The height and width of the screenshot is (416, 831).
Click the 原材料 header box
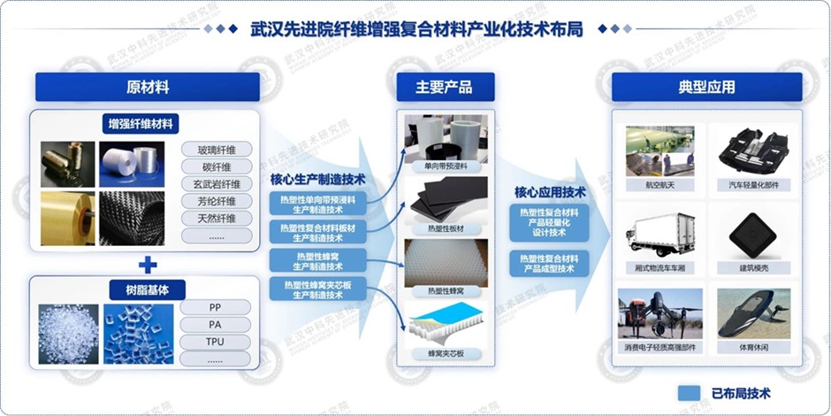click(148, 88)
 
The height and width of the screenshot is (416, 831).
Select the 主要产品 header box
click(444, 88)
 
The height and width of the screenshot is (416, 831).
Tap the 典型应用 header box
click(706, 88)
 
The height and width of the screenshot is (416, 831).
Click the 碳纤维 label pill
click(217, 166)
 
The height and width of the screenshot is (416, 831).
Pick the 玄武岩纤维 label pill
click(217, 184)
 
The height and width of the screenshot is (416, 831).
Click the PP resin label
click(215, 307)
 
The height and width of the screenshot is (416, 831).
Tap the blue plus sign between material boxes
click(148, 265)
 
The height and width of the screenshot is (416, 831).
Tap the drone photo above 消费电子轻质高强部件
click(659, 312)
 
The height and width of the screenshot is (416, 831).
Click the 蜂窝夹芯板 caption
click(444, 354)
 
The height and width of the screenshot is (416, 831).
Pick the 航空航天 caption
click(659, 185)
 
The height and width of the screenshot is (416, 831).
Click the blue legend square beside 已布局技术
click(690, 393)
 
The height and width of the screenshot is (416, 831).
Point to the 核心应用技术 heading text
click(550, 191)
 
